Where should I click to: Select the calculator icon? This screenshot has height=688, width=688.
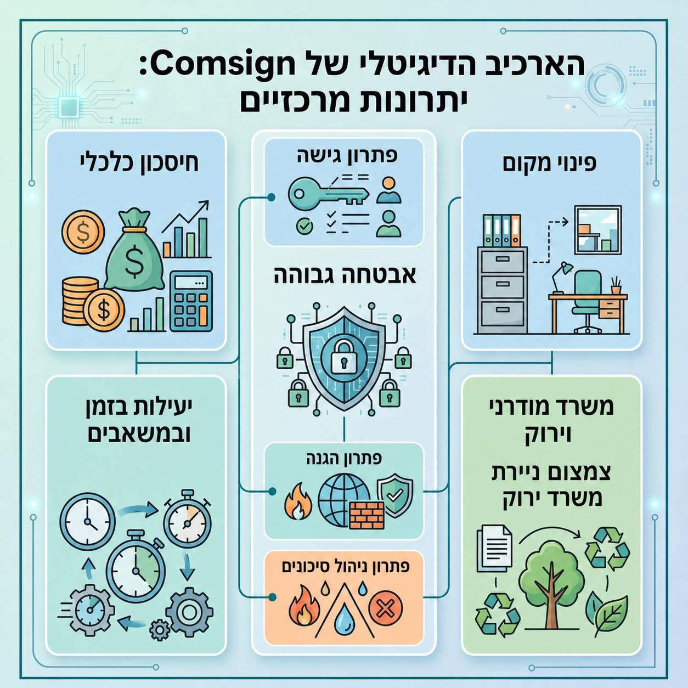(x=191, y=301)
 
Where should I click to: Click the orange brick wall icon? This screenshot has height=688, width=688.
(x=366, y=515)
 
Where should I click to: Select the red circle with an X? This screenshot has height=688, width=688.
(x=386, y=608)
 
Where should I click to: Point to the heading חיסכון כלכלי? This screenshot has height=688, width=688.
(x=138, y=164)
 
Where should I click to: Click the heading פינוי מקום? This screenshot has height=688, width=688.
(x=550, y=164)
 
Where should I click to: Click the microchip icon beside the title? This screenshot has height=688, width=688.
(x=69, y=106)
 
